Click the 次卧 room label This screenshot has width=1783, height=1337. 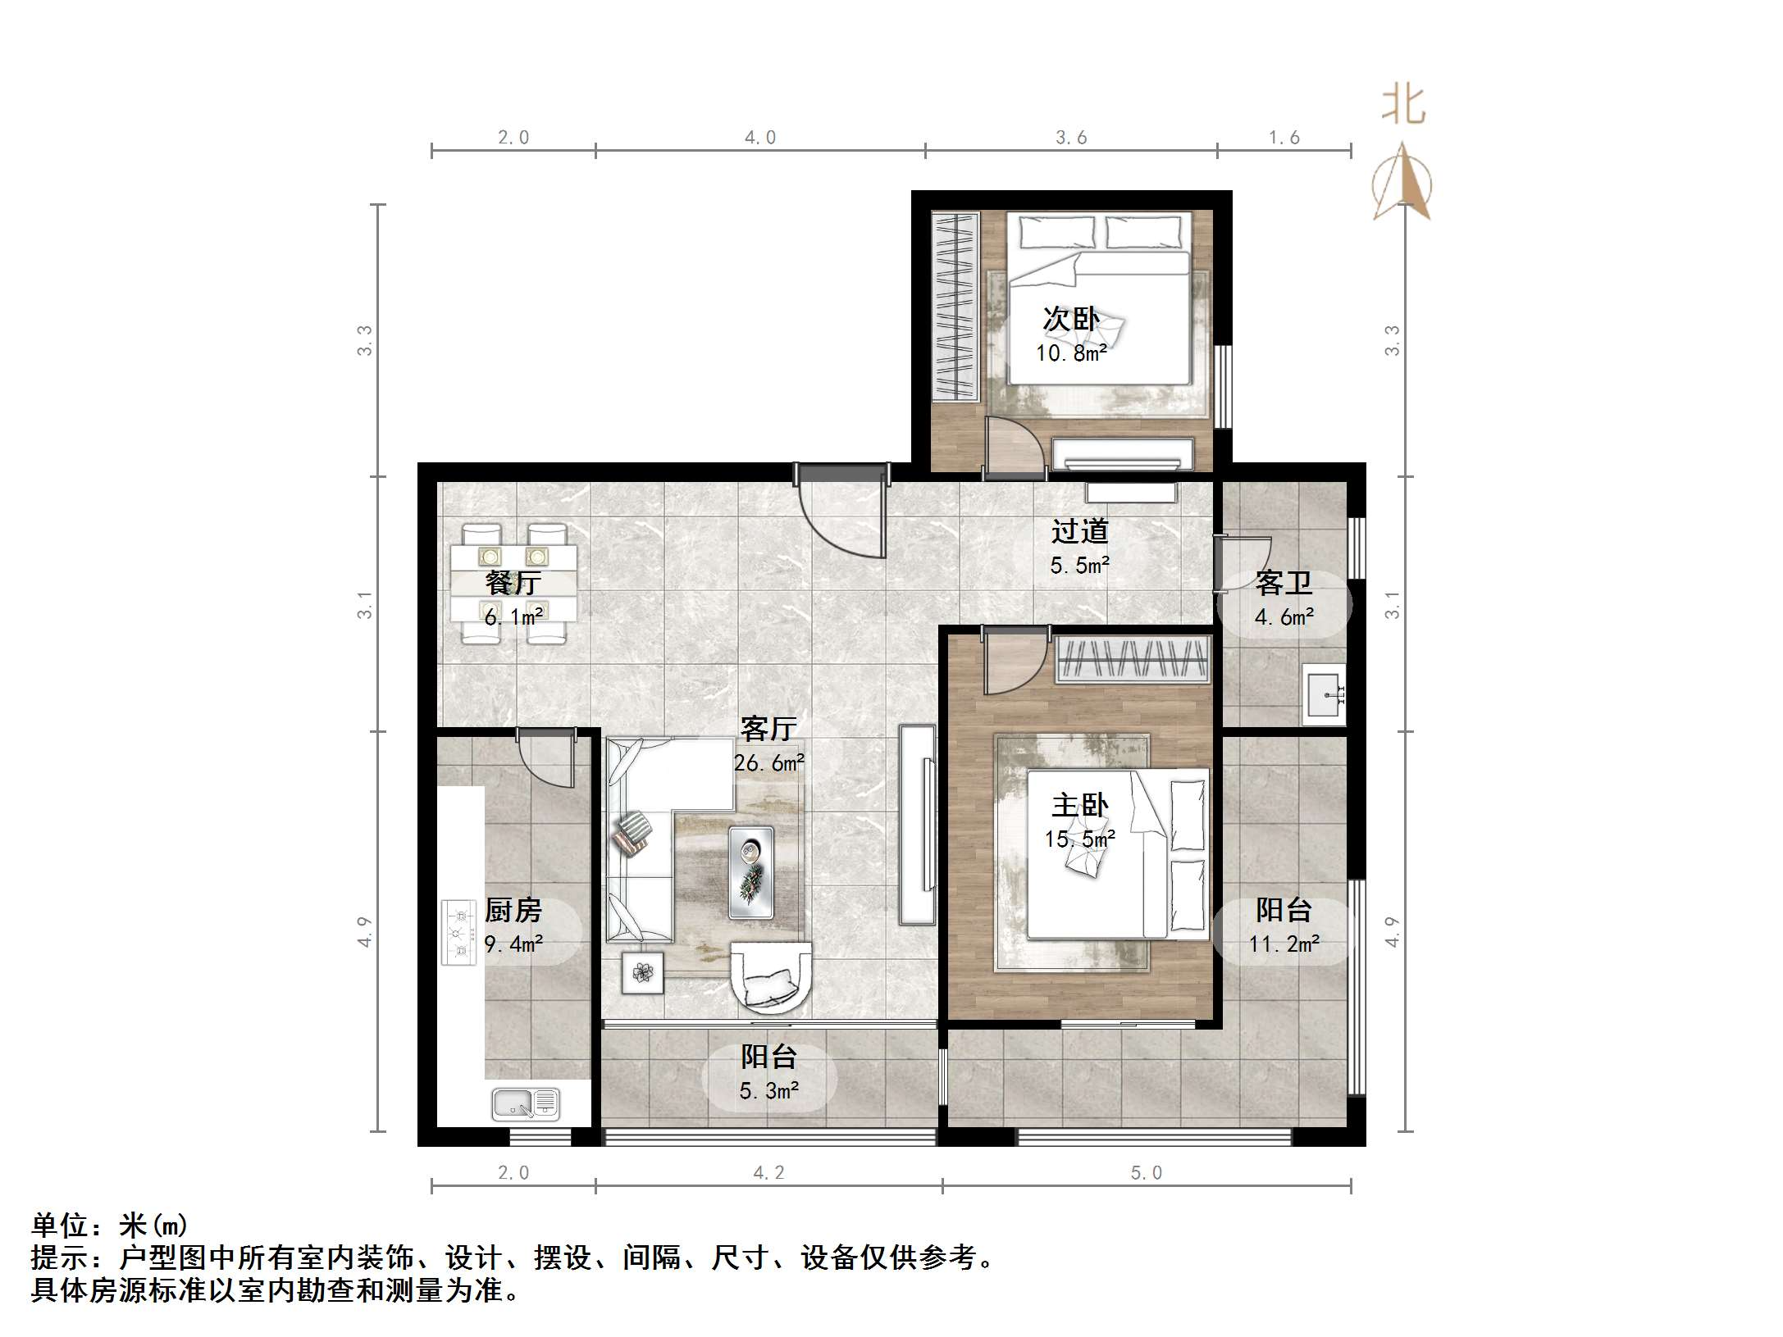1070,319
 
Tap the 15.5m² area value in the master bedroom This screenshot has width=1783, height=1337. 1079,839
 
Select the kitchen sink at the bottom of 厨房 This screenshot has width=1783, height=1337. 526,1103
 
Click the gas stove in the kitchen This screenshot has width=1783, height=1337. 458,933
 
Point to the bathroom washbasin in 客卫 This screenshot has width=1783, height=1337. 1323,695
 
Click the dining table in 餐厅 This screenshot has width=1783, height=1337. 513,583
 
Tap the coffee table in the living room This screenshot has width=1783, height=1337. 750,872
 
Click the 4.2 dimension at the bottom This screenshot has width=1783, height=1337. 768,1173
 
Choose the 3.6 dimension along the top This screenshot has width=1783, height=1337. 1070,138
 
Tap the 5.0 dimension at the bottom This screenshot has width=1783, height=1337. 1146,1173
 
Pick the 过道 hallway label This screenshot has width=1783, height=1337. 1079,531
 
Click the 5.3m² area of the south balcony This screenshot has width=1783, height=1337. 768,1091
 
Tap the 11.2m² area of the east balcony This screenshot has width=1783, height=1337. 1284,944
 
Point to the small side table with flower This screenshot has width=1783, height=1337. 642,973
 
